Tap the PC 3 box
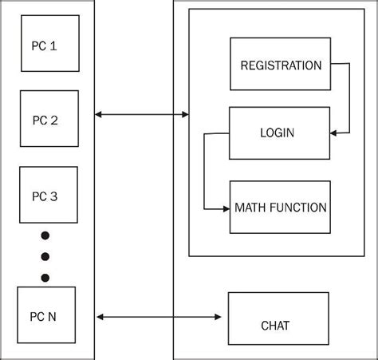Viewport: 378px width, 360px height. point(49,195)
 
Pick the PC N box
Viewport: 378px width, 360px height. point(46,315)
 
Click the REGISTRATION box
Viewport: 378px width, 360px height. point(281,65)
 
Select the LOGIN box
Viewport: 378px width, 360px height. point(278,133)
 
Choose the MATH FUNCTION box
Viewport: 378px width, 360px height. point(279,208)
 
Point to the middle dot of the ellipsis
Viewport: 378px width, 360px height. point(45,256)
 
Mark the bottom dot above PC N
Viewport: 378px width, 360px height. point(45,277)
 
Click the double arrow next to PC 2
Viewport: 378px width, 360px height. point(141,115)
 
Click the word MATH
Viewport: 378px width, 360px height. point(250,208)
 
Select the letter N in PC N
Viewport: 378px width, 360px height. point(53,316)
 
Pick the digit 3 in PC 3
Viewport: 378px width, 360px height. point(53,196)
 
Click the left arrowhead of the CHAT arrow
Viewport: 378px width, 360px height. point(99,318)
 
